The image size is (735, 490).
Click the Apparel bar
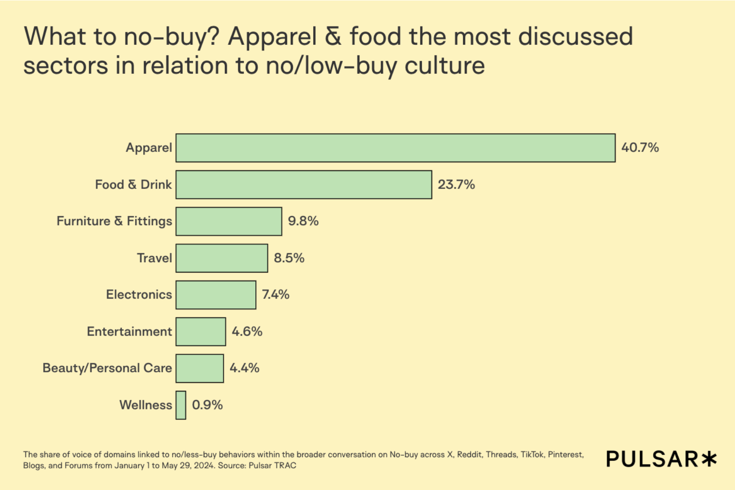point(395,148)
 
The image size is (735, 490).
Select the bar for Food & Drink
point(304,185)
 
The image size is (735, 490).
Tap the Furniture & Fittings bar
point(229,221)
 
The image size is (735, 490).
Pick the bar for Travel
point(222,258)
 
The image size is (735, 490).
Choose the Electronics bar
point(216,295)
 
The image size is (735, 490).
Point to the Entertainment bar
point(201,331)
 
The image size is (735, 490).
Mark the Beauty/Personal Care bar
point(200,368)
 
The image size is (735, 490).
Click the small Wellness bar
point(181,405)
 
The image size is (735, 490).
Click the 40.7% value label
point(640,148)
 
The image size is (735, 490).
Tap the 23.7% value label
point(456,185)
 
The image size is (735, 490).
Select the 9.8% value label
point(303,221)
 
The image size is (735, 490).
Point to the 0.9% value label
point(207,405)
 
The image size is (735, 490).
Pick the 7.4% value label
point(275,295)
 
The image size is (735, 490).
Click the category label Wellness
point(145,405)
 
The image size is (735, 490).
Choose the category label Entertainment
point(129,331)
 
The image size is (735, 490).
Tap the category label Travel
point(154,258)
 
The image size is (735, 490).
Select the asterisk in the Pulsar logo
point(709,459)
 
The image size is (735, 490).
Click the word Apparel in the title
point(272,37)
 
